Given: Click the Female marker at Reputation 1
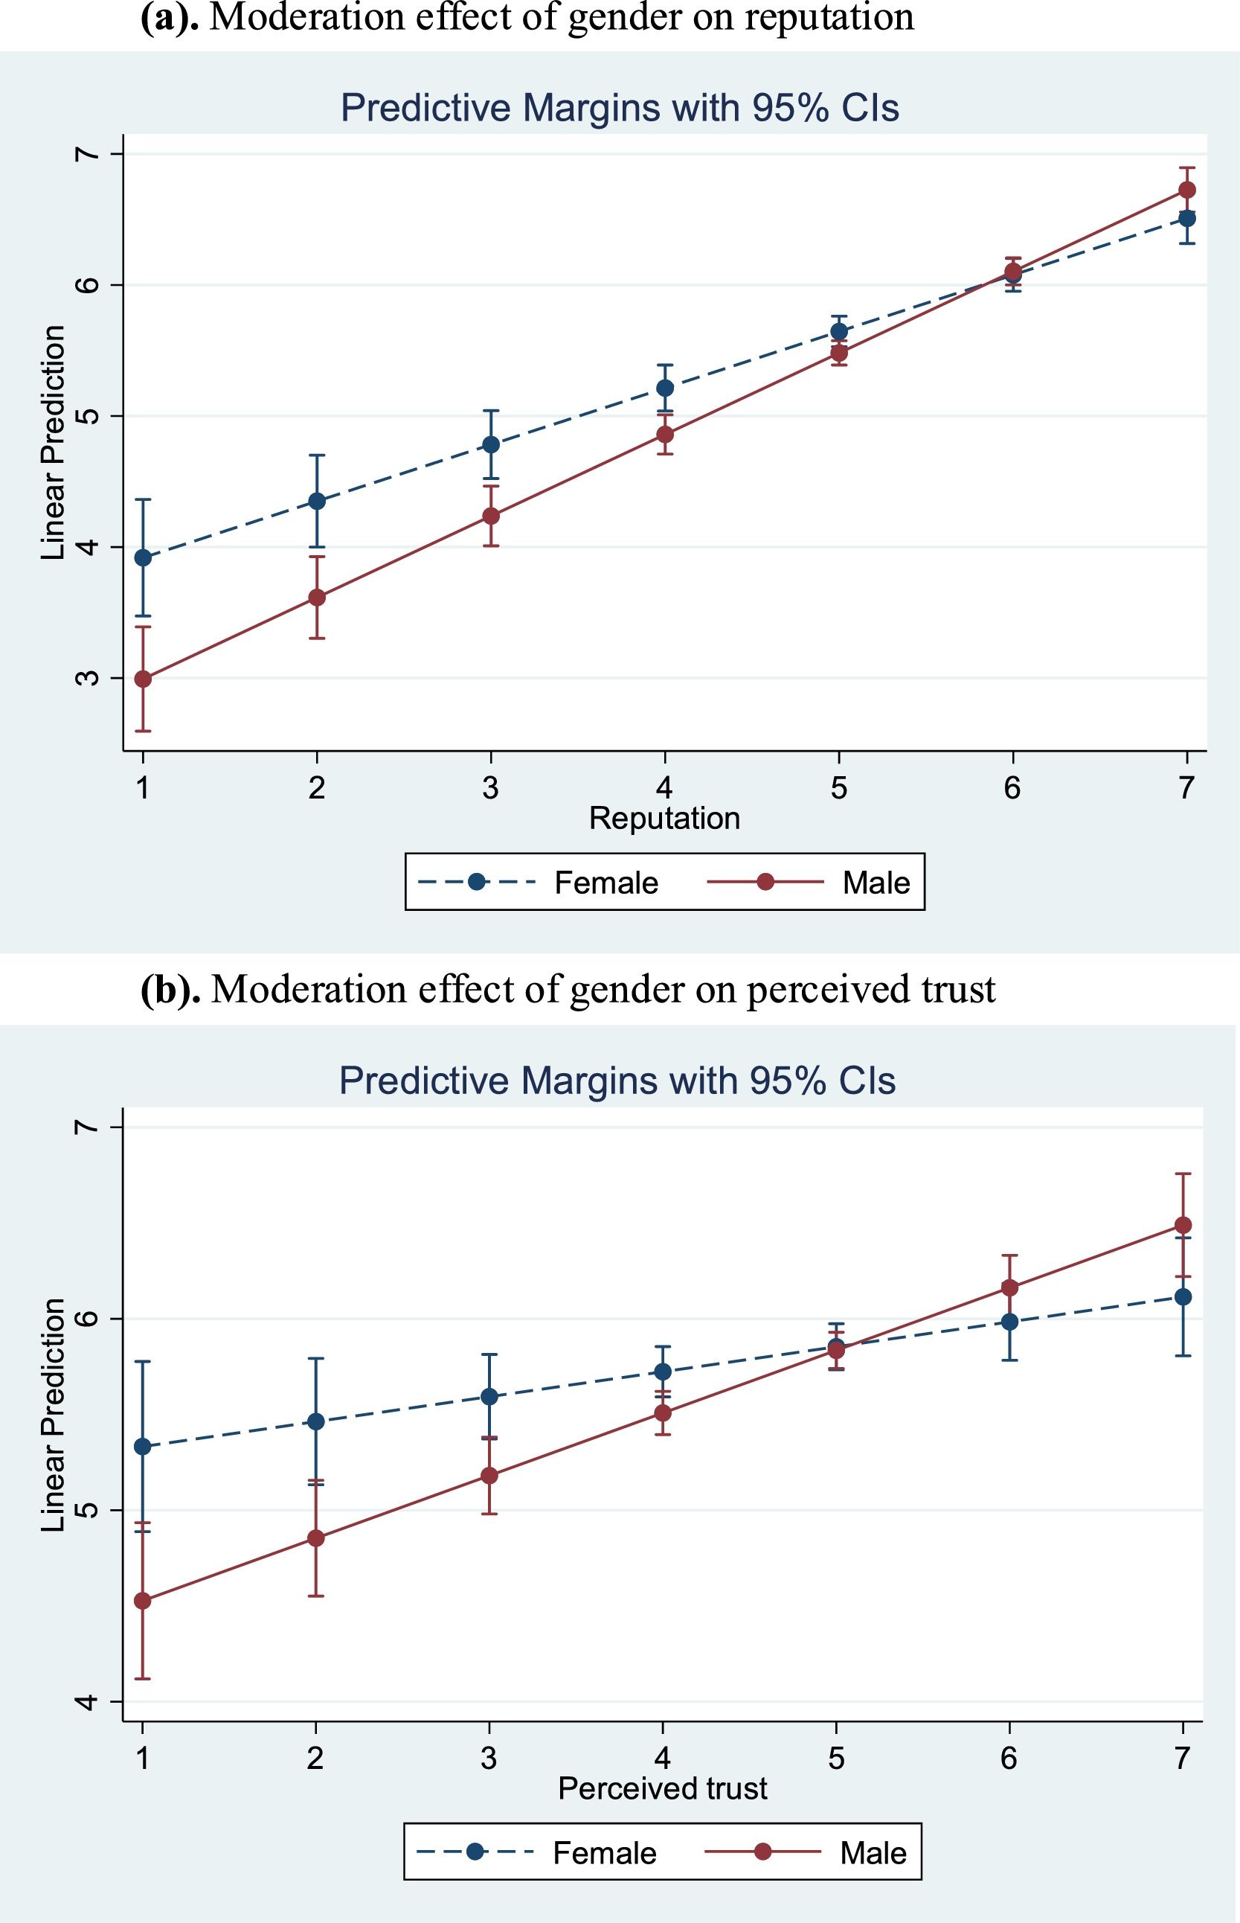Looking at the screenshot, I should [144, 557].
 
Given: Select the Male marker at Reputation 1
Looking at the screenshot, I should [144, 679].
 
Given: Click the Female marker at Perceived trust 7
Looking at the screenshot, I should [1183, 1319].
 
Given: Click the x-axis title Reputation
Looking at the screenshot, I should [664, 819].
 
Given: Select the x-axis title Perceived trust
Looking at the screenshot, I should [663, 1788].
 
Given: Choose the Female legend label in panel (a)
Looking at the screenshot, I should [606, 883].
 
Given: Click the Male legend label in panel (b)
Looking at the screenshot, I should [873, 1853].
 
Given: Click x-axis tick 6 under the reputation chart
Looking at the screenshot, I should [1012, 787].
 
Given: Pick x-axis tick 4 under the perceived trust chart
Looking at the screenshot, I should [663, 1758].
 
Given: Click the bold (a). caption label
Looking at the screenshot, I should [170, 18].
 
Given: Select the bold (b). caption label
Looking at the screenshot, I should [170, 989].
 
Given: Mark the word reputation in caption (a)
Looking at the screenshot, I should [829, 18].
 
